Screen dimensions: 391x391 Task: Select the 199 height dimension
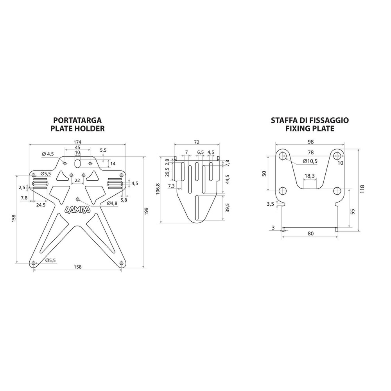pos(147,212)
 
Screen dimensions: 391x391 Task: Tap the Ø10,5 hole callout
pos(310,161)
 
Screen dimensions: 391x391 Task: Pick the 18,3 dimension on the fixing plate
pos(309,176)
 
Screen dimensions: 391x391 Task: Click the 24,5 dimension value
pos(41,204)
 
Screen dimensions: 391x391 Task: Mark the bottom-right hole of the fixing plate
pos(337,191)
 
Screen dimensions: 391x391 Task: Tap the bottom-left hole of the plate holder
pos(34,263)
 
